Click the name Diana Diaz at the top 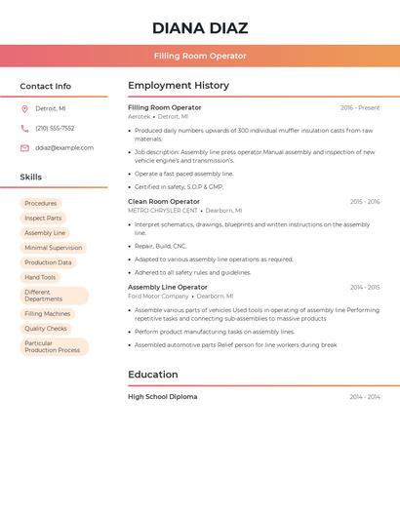point(200,28)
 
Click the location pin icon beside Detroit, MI point(24,109)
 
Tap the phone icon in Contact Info point(24,129)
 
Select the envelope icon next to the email point(24,148)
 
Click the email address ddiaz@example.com point(64,148)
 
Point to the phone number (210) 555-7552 point(55,129)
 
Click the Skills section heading point(31,178)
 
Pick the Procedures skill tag point(41,204)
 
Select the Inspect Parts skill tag point(43,219)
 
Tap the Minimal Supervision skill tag point(53,248)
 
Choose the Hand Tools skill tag point(40,277)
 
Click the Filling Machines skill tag point(47,314)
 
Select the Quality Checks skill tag point(46,329)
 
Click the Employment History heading point(179,86)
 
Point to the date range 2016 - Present point(360,108)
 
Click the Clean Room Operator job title point(164,202)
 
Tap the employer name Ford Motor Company point(158,296)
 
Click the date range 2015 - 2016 point(365,202)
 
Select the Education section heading point(153,375)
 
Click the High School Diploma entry point(162,397)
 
